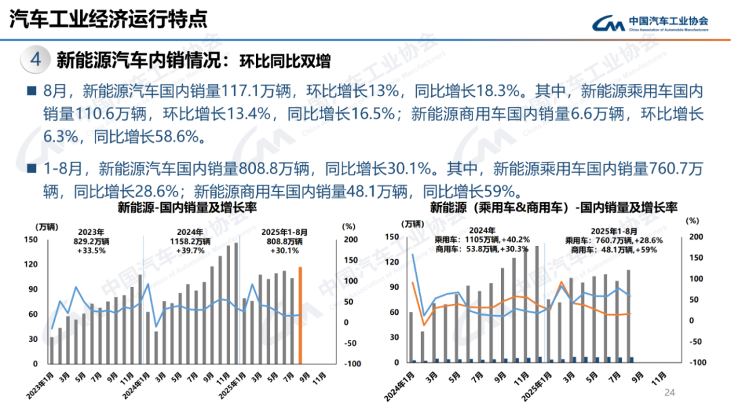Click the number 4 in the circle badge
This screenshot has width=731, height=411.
[x=37, y=60]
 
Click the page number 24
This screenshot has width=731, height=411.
[x=671, y=393]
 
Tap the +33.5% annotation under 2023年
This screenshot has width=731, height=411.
[x=90, y=250]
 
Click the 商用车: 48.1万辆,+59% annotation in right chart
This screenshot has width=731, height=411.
[x=613, y=249]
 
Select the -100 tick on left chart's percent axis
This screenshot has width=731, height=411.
[x=351, y=364]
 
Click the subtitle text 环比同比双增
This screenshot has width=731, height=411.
[x=285, y=61]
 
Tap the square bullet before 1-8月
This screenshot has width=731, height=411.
[x=31, y=167]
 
